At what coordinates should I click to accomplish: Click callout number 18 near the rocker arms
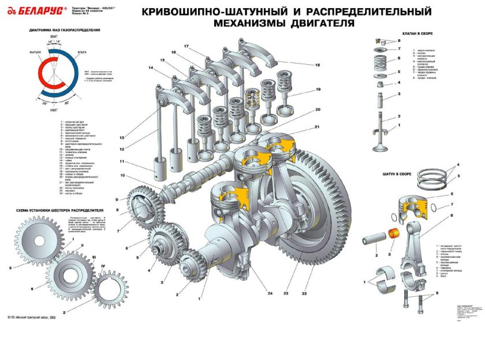317,65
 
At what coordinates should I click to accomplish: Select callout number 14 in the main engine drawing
151,68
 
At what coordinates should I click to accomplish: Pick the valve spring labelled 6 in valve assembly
380,60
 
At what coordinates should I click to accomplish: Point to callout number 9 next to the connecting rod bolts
436,294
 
